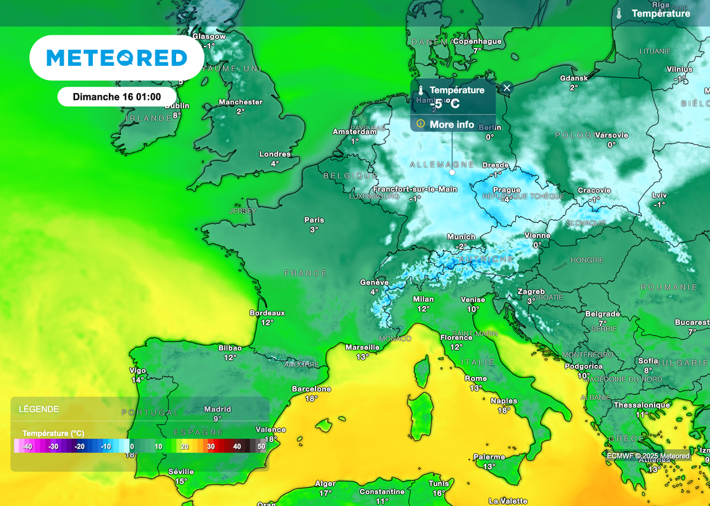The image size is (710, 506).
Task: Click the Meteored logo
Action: pos(116,58)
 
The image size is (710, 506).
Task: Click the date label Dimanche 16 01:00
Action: pos(116,97)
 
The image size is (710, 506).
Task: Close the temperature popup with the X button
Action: pos(507,87)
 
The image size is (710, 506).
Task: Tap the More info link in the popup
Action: pos(451,124)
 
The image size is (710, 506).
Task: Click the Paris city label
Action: pos(314,220)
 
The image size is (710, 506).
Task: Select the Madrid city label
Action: pos(217,409)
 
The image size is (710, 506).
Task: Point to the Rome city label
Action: pos(476,378)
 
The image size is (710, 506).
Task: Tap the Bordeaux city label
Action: pos(267,313)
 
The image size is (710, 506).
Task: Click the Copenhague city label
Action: pos(477,42)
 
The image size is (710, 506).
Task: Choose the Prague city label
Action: pos(507,189)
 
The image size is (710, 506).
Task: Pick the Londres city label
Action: pos(275,154)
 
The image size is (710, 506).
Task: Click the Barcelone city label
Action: pos(311,389)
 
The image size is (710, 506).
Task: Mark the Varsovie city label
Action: pos(612,135)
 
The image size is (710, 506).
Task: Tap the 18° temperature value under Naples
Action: pos(503,410)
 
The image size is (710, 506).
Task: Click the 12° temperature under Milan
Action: pos(423,308)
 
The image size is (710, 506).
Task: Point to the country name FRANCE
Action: pos(305,273)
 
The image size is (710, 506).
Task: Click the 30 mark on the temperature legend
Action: pos(211,446)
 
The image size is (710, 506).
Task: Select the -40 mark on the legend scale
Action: pos(28,446)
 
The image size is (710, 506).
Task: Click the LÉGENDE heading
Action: pos(39,409)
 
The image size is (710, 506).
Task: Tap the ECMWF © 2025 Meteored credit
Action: pos(648,456)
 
